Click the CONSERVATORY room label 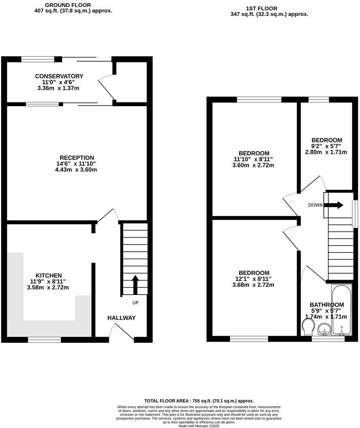tap(59, 76)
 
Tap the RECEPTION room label tap(77, 158)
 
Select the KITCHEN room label tap(48, 276)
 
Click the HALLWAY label tap(122, 318)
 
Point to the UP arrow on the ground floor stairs tap(135, 284)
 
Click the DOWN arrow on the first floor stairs tap(334, 205)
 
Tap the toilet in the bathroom tap(308, 326)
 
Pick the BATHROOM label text tap(327, 305)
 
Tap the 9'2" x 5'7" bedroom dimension tap(326, 146)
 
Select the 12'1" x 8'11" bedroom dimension tap(254, 279)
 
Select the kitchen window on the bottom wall tap(44, 340)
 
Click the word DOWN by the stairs tap(315, 205)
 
